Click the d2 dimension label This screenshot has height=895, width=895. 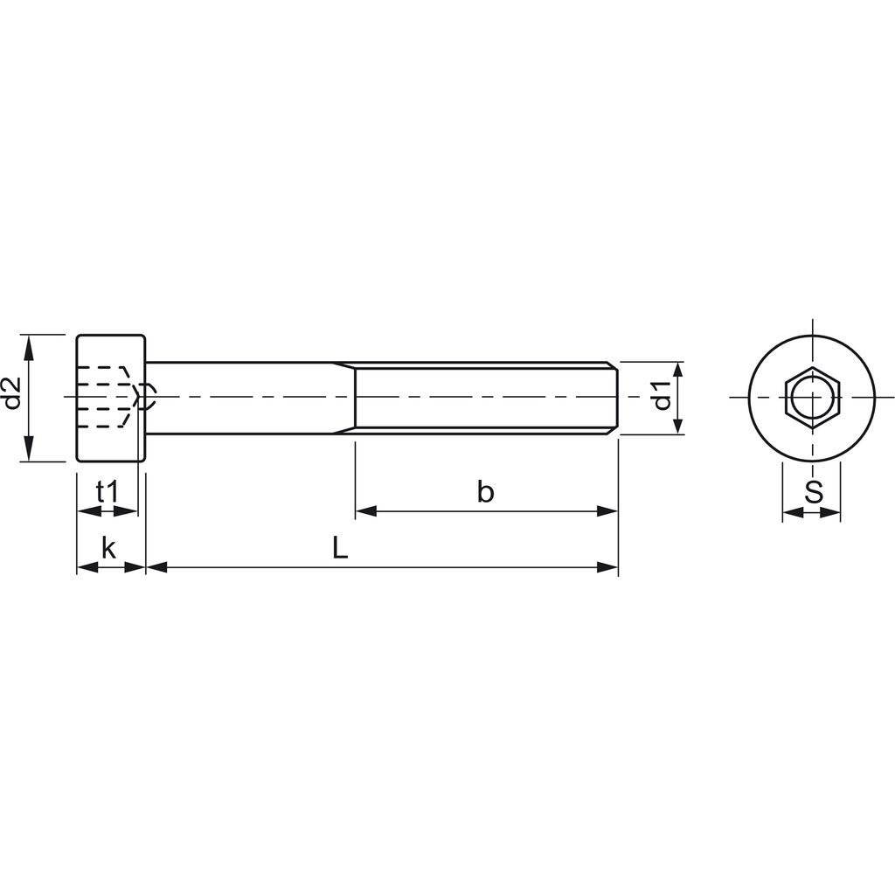click(12, 395)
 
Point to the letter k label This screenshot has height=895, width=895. click(109, 549)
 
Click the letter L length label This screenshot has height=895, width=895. click(340, 549)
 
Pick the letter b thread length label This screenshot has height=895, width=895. click(485, 491)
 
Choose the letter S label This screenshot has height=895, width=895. click(813, 492)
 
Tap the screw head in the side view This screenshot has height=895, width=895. click(111, 398)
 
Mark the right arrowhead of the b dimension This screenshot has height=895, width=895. click(607, 510)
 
